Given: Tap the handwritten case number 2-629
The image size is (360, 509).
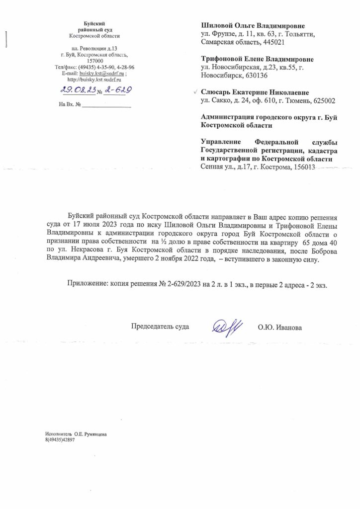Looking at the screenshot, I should pos(117,89).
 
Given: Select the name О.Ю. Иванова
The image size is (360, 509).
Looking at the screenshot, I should pos(279,327).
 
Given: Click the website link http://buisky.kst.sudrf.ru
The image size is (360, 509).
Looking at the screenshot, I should pos(94,80).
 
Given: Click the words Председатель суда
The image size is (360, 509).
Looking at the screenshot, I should pos(160,327).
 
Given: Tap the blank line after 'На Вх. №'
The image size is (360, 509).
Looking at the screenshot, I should pos(106,104).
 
